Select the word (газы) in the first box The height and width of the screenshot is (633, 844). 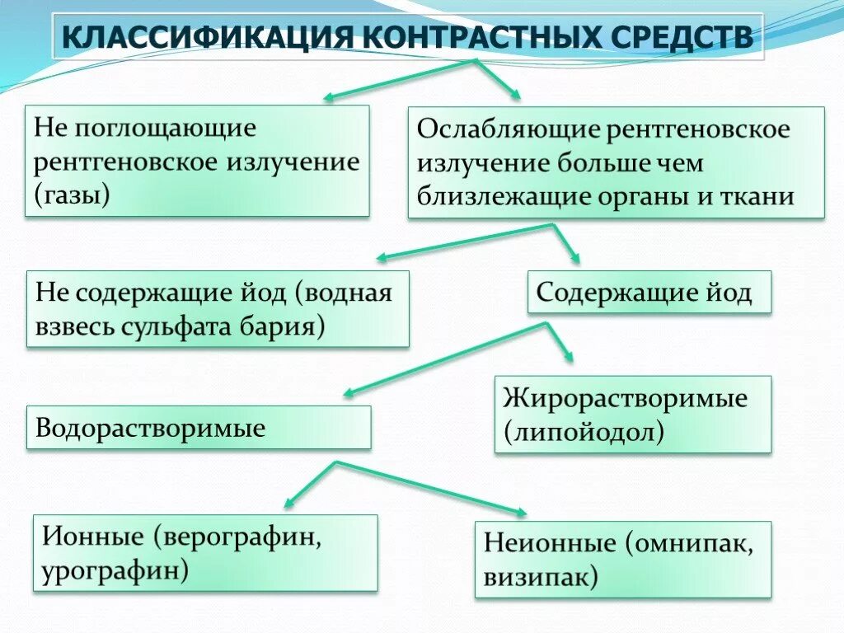pos(72,195)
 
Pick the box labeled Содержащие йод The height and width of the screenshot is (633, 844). pos(649,293)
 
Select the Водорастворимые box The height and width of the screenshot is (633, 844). pos(198,428)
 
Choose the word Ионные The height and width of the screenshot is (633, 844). pos(91,537)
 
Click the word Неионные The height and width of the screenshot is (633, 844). pos(550,543)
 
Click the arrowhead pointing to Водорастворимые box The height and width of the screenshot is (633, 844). pos(347,393)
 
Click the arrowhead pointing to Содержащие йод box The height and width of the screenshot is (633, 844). pos(574,257)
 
